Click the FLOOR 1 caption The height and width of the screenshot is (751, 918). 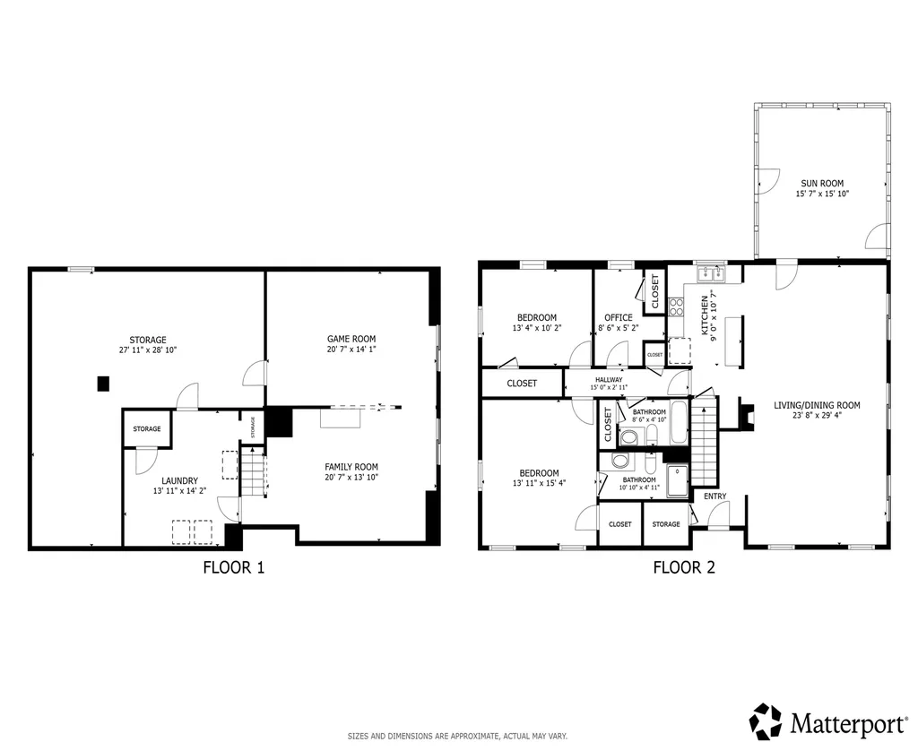point(233,566)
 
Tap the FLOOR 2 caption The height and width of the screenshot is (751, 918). point(683,566)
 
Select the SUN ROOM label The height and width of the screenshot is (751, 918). point(821,183)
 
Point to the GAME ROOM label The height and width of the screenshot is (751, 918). point(351,339)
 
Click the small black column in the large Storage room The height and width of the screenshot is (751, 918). point(103,384)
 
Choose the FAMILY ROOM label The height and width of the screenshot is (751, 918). point(351,466)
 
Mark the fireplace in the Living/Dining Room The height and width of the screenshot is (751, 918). point(743,414)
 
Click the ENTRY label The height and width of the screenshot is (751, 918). point(714,496)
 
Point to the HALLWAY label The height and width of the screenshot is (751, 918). point(609,379)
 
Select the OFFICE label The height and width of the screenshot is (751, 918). point(618,317)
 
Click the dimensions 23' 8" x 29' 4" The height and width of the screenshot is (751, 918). point(816,415)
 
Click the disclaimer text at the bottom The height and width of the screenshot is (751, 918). point(457,736)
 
